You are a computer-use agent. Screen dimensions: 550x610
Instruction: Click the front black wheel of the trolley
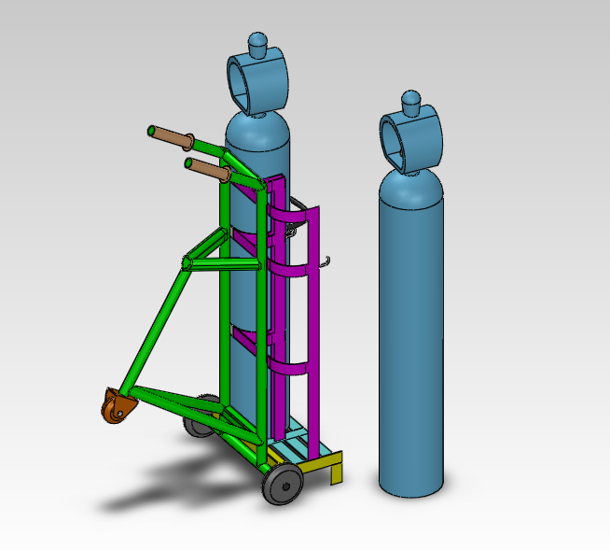pos(283,486)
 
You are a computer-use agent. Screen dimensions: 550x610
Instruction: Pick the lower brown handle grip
pos(210,170)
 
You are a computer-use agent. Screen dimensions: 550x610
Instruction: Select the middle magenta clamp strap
pos(291,271)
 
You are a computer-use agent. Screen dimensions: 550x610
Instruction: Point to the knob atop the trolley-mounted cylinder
pos(257,43)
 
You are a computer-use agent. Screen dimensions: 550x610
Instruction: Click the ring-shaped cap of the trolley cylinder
pos(257,84)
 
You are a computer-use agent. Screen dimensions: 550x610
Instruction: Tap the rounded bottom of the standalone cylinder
pos(410,481)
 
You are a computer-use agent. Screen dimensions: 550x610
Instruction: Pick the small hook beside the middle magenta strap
pos(326,262)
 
